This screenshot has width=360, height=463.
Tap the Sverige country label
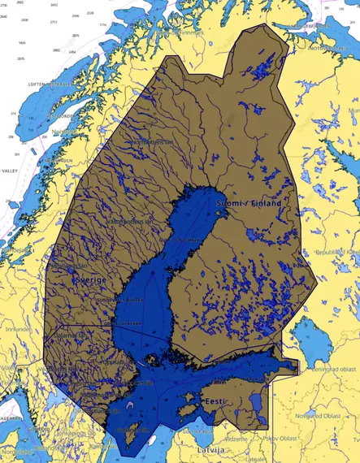[90, 279]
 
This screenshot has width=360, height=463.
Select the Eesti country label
[215, 402]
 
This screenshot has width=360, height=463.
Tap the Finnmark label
[189, 32]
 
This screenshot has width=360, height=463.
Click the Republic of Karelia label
[336, 253]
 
